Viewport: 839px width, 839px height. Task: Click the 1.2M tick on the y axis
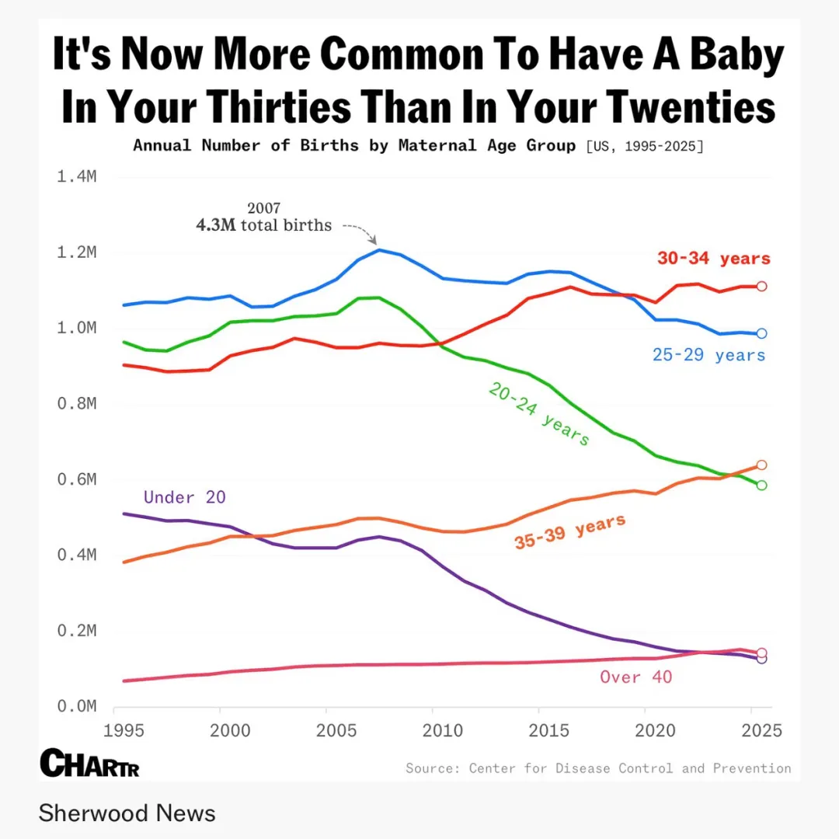[76, 252]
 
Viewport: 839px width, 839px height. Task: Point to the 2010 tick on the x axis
[433, 730]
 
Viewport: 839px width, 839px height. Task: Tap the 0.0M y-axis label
[76, 706]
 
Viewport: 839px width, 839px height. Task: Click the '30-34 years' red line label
[713, 259]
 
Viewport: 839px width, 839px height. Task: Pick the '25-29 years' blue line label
[708, 355]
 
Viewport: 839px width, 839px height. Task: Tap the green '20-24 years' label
[539, 414]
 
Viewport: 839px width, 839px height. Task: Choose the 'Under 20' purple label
[185, 497]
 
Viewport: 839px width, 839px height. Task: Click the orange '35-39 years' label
[569, 532]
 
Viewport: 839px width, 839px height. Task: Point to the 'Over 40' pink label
[635, 677]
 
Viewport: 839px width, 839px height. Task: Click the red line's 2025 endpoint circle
[762, 286]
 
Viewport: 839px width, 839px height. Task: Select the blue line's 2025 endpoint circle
[762, 333]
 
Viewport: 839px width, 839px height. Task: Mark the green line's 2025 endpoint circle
[762, 486]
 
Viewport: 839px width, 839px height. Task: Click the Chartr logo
[89, 763]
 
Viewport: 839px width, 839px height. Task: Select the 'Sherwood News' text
[127, 813]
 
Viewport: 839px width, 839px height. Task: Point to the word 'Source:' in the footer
[431, 768]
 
